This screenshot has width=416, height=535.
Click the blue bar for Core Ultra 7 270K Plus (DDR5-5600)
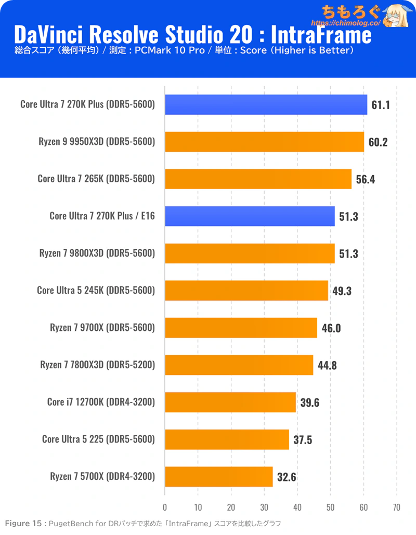tap(266, 105)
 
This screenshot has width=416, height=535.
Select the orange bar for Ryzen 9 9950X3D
tap(264, 142)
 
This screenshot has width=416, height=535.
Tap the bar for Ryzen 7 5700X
tap(218, 476)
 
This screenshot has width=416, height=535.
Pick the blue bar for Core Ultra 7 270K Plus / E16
tap(250, 216)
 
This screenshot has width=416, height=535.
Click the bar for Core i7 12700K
tap(230, 402)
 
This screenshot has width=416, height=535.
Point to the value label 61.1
tap(381, 105)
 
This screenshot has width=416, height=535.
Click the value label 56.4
tap(365, 180)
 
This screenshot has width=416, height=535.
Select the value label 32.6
tap(287, 477)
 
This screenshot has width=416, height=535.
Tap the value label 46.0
tap(331, 328)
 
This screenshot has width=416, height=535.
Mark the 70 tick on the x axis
tap(397, 507)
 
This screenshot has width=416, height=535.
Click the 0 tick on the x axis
tap(165, 507)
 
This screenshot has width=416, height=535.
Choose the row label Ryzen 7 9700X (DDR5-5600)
tap(102, 328)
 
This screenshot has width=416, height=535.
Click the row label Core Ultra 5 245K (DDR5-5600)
tap(96, 290)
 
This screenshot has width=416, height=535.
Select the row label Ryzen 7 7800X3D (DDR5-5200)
tap(98, 365)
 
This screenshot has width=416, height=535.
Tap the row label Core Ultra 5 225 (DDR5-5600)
tap(98, 439)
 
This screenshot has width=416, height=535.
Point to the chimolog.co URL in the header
tap(343, 23)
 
